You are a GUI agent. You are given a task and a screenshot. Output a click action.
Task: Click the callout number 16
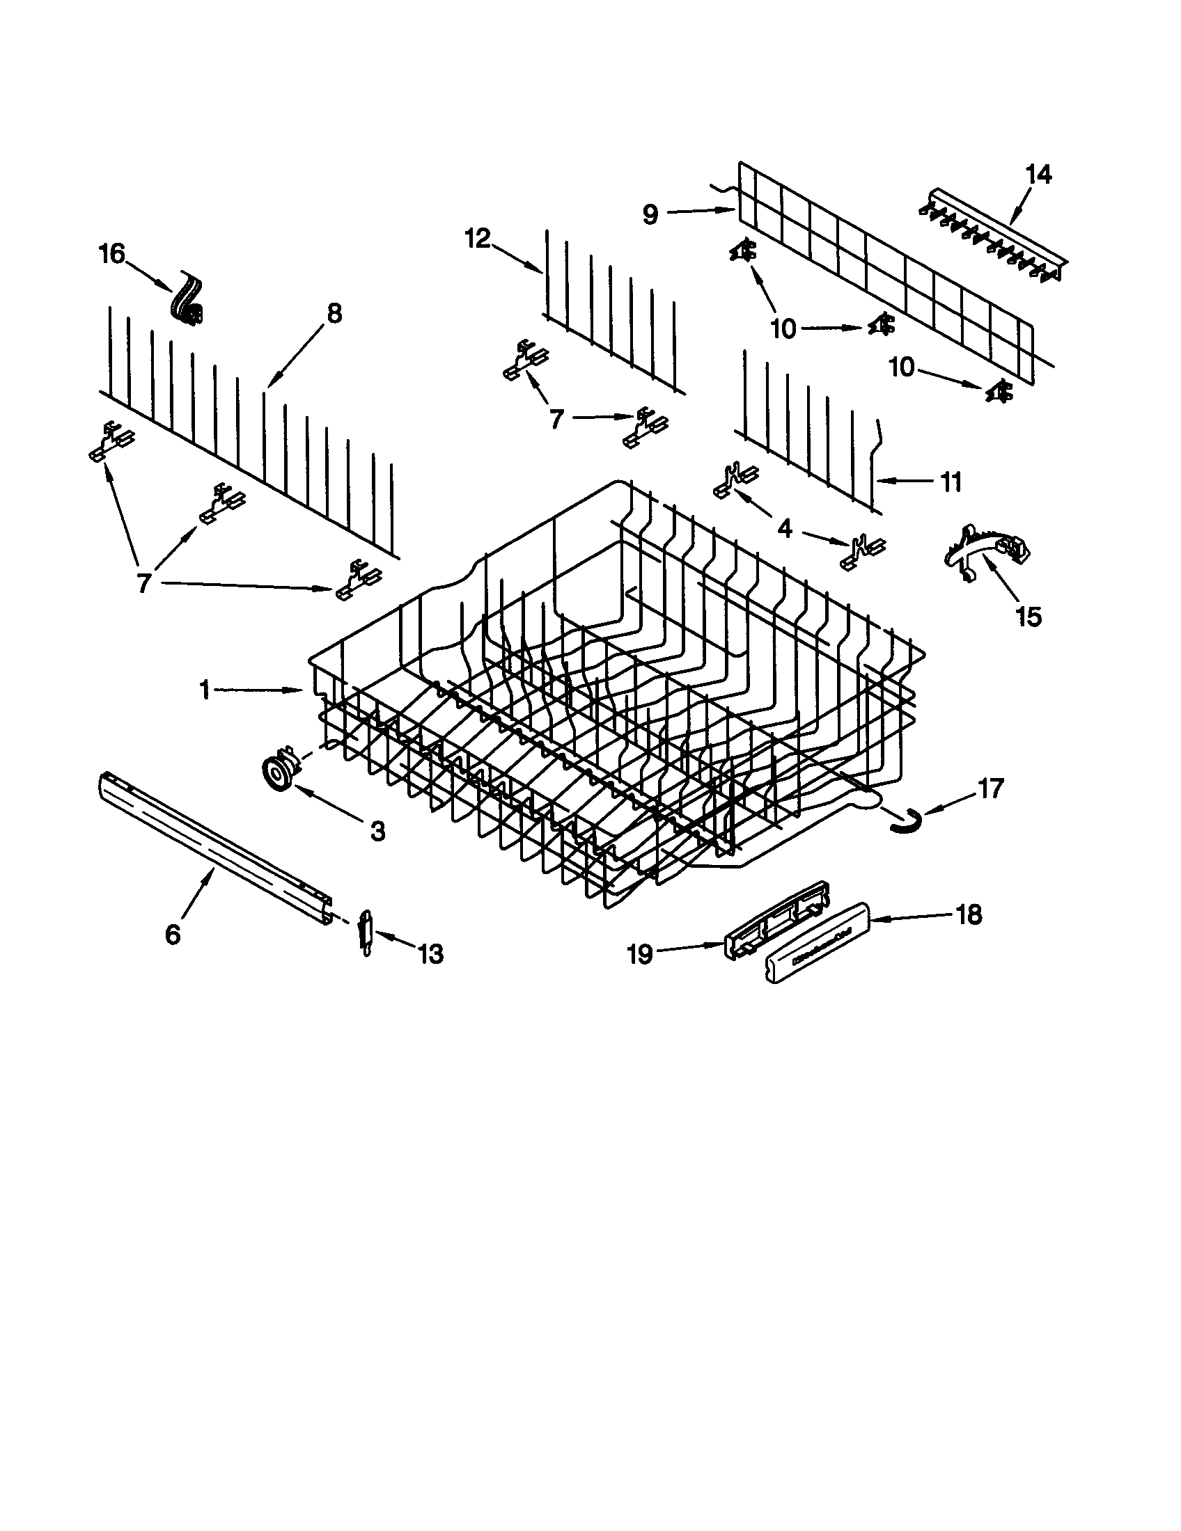tap(112, 254)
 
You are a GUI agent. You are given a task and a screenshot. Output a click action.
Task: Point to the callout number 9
tap(650, 214)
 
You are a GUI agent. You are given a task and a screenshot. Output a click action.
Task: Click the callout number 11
tap(951, 482)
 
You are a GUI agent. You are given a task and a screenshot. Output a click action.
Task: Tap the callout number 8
tap(334, 313)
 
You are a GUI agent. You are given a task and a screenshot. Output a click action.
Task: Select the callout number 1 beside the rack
tap(205, 690)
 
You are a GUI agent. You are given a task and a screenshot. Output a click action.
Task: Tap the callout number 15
tap(1029, 617)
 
